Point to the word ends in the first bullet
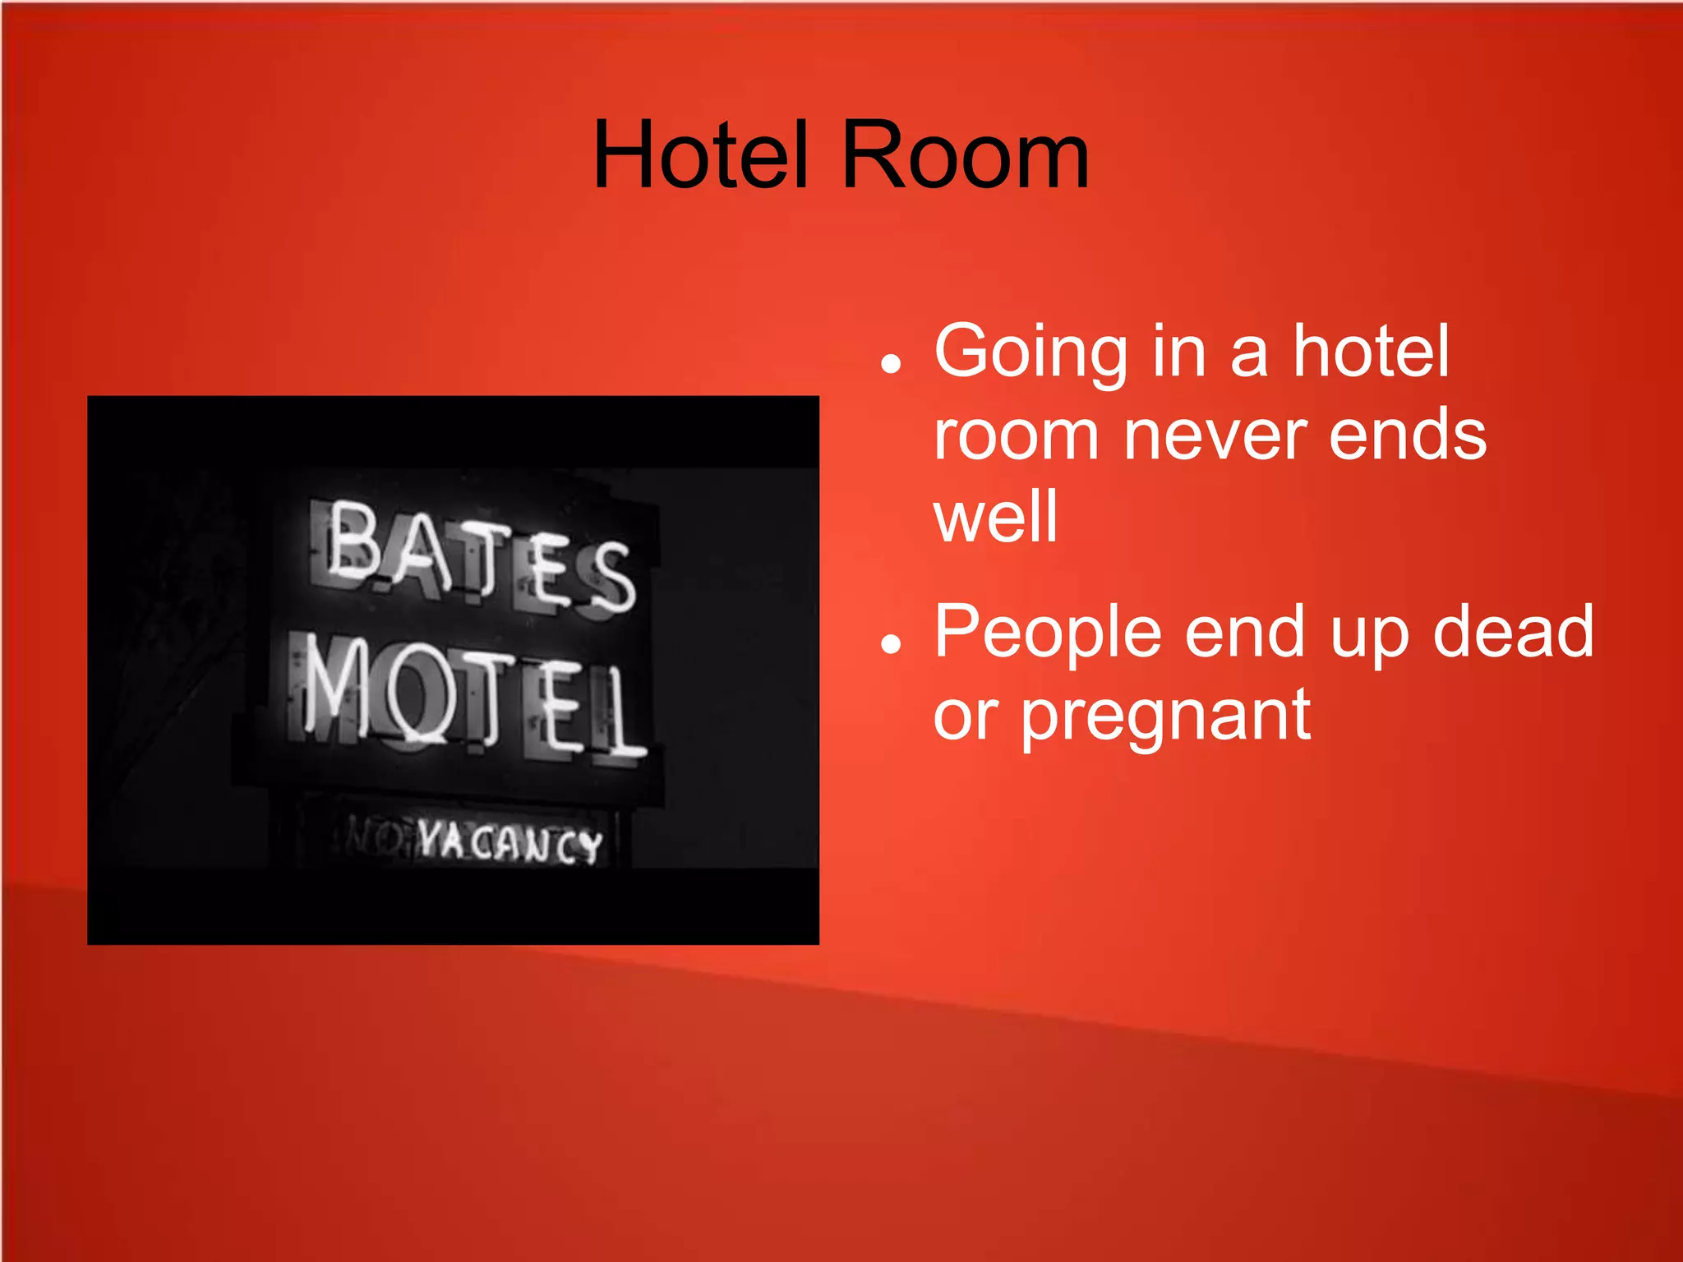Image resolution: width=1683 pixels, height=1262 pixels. click(1408, 435)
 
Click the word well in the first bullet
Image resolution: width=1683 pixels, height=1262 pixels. click(995, 517)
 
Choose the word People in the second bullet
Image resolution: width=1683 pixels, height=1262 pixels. click(1048, 633)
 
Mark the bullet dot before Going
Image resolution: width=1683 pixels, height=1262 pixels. click(890, 362)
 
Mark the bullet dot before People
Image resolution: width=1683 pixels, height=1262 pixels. click(890, 643)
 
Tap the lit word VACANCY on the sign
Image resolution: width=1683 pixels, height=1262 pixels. click(510, 842)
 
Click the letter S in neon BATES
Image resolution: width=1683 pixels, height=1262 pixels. click(612, 578)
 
